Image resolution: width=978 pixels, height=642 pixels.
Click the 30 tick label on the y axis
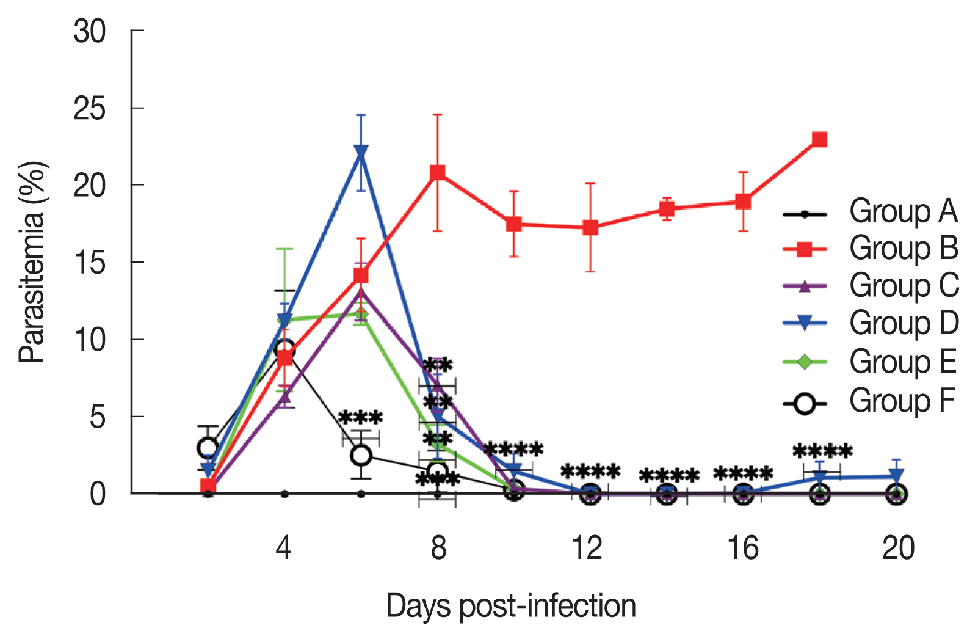(90, 31)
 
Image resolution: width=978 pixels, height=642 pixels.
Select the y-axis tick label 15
(90, 263)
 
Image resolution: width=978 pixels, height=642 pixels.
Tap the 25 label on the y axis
(90, 109)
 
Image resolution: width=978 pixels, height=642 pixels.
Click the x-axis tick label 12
(588, 548)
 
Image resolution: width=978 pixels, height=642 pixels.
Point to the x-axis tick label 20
(898, 548)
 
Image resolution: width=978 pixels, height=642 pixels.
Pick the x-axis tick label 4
(283, 548)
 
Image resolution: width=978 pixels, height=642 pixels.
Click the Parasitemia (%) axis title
(32, 262)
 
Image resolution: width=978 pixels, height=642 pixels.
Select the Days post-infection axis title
(511, 606)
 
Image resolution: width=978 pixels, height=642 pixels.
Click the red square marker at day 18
(820, 140)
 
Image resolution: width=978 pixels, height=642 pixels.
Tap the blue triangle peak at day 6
(361, 151)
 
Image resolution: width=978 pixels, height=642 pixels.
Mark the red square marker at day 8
(437, 173)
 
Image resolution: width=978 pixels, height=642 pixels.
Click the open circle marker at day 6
(361, 455)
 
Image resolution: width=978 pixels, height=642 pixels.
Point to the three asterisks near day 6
(360, 418)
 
